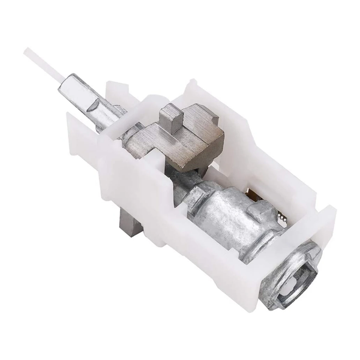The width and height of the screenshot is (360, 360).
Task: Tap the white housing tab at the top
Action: tap(192, 87)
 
